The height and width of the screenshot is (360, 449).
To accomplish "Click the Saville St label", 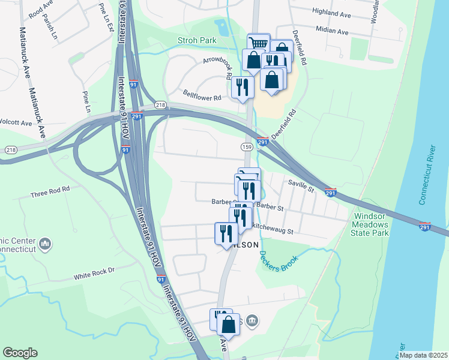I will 301,187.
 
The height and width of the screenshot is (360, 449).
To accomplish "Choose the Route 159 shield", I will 246,146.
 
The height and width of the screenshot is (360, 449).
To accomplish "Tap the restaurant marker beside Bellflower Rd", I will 243,88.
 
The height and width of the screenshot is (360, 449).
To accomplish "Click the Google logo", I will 20,353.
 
